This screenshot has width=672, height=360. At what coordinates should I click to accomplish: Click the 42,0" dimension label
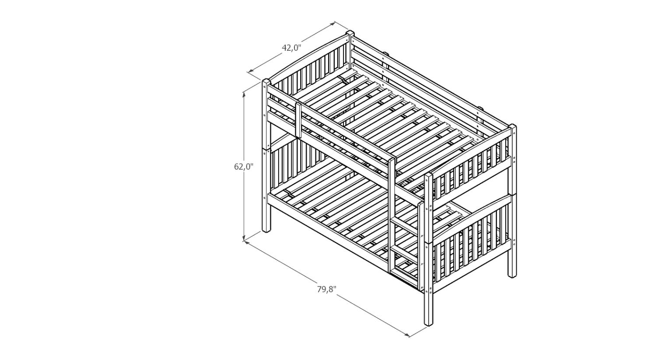click(291, 48)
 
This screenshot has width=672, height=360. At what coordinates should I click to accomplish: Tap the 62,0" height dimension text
click(244, 167)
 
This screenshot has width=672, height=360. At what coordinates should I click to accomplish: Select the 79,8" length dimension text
click(327, 289)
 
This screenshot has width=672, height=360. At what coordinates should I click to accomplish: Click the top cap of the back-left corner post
click(350, 33)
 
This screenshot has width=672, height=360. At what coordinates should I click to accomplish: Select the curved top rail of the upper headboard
click(308, 58)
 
